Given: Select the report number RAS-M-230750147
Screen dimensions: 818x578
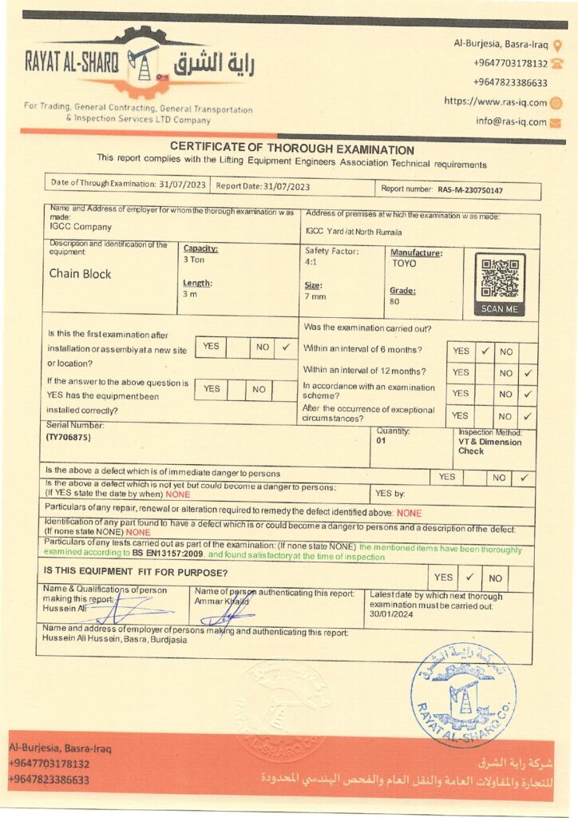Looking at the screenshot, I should (x=470, y=190).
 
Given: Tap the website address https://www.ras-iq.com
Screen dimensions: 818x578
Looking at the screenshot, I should (x=496, y=102).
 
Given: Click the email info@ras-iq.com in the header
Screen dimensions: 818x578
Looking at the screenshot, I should (x=511, y=122).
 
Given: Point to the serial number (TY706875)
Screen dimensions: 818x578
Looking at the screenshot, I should (x=69, y=438).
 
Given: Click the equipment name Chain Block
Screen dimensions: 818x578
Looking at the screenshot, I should (x=80, y=274).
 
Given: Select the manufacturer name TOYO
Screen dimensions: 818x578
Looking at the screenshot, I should (x=404, y=262).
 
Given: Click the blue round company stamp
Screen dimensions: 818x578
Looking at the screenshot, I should (x=463, y=694).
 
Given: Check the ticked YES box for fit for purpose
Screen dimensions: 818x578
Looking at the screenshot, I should (x=469, y=577).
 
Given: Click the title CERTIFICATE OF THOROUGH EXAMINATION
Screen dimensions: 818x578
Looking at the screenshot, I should (x=291, y=149).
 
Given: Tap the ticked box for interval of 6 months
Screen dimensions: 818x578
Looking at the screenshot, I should (x=485, y=350).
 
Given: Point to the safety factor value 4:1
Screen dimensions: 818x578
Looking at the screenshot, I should (x=311, y=261).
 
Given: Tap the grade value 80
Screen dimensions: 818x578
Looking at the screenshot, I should (x=394, y=302).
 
